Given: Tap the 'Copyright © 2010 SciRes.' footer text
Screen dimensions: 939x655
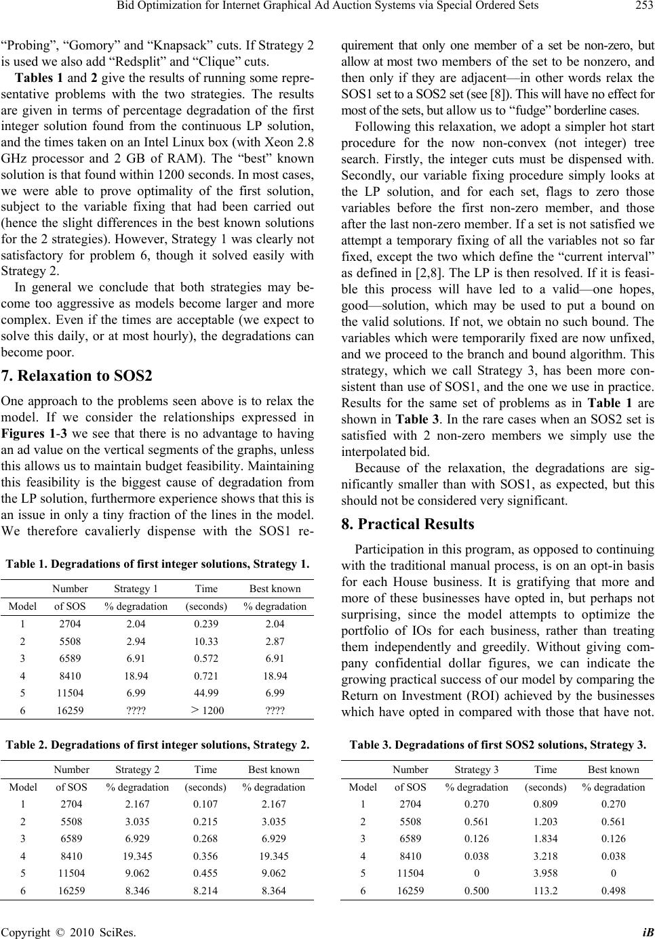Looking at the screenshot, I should tap(68, 931).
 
